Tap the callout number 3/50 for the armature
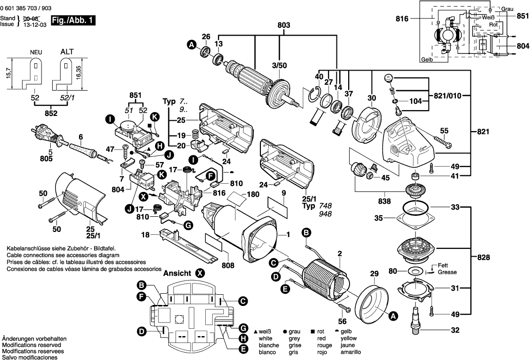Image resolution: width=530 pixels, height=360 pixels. click(279, 65)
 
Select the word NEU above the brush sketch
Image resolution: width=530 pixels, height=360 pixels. click(35, 51)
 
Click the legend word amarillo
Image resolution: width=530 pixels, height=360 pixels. click(351, 352)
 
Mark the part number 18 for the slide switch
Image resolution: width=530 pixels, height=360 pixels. click(145, 235)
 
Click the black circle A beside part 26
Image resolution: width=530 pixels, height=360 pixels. click(192, 45)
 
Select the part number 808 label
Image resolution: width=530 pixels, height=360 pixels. click(228, 266)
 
